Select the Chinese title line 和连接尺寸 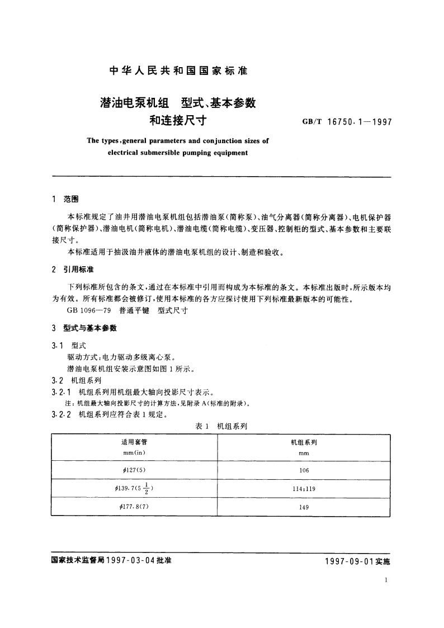point(178,119)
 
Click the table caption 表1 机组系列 point(221,426)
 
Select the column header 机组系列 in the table point(304,442)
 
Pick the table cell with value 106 point(304,470)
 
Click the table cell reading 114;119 point(304,488)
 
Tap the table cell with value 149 point(304,507)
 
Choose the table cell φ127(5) point(133,470)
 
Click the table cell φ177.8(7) point(133,507)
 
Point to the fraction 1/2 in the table point(145,488)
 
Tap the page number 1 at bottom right point(387,580)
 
